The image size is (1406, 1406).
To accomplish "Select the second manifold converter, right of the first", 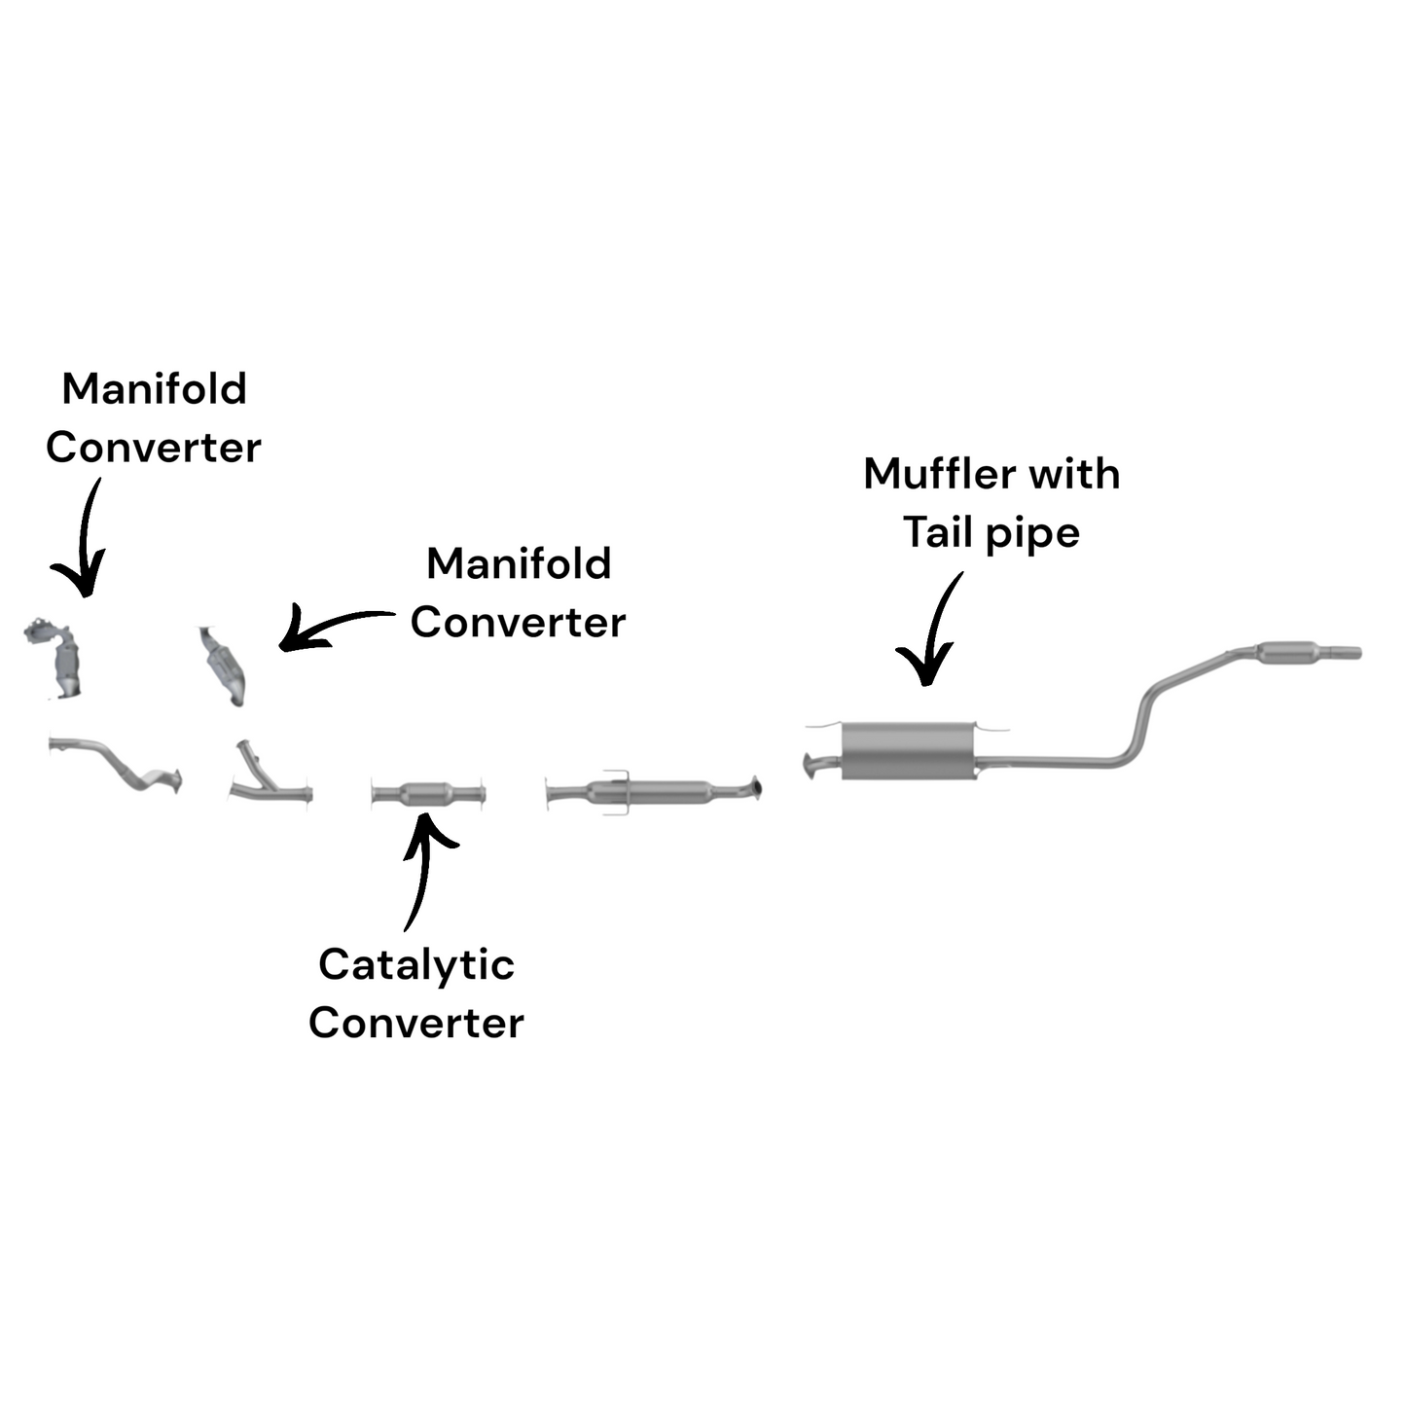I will point(223,666).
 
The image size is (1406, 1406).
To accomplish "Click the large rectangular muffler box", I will point(908,750).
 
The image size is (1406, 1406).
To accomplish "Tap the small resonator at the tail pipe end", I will point(1287,653).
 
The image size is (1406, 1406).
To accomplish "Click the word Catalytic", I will point(416,965).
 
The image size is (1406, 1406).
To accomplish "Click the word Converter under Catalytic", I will point(416,1024).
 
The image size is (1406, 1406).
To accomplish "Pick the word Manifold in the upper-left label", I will point(154,389).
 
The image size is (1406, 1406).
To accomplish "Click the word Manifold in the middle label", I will point(519,564).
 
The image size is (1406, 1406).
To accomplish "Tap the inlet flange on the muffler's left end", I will point(812,765).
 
